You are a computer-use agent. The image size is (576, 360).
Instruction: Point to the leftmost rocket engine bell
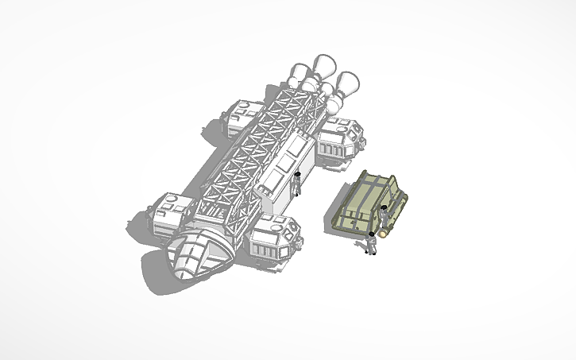(298, 74)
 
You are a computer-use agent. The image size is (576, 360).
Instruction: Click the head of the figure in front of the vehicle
(370, 235)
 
